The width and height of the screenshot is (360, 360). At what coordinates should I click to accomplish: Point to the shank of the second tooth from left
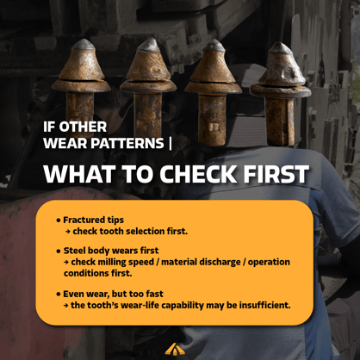coord(147,115)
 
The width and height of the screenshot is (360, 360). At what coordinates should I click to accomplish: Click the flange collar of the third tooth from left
coord(214,87)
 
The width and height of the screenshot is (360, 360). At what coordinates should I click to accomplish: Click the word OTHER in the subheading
coord(83,127)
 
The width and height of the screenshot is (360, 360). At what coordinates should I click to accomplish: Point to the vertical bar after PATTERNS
coord(171,143)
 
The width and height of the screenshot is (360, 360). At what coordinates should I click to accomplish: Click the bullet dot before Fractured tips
coord(59,220)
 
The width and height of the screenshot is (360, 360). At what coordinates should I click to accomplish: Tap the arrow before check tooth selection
coord(67,232)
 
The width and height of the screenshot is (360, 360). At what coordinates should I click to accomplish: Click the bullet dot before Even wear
coord(59,295)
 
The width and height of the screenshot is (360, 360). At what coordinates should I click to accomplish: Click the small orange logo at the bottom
coord(175,349)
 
